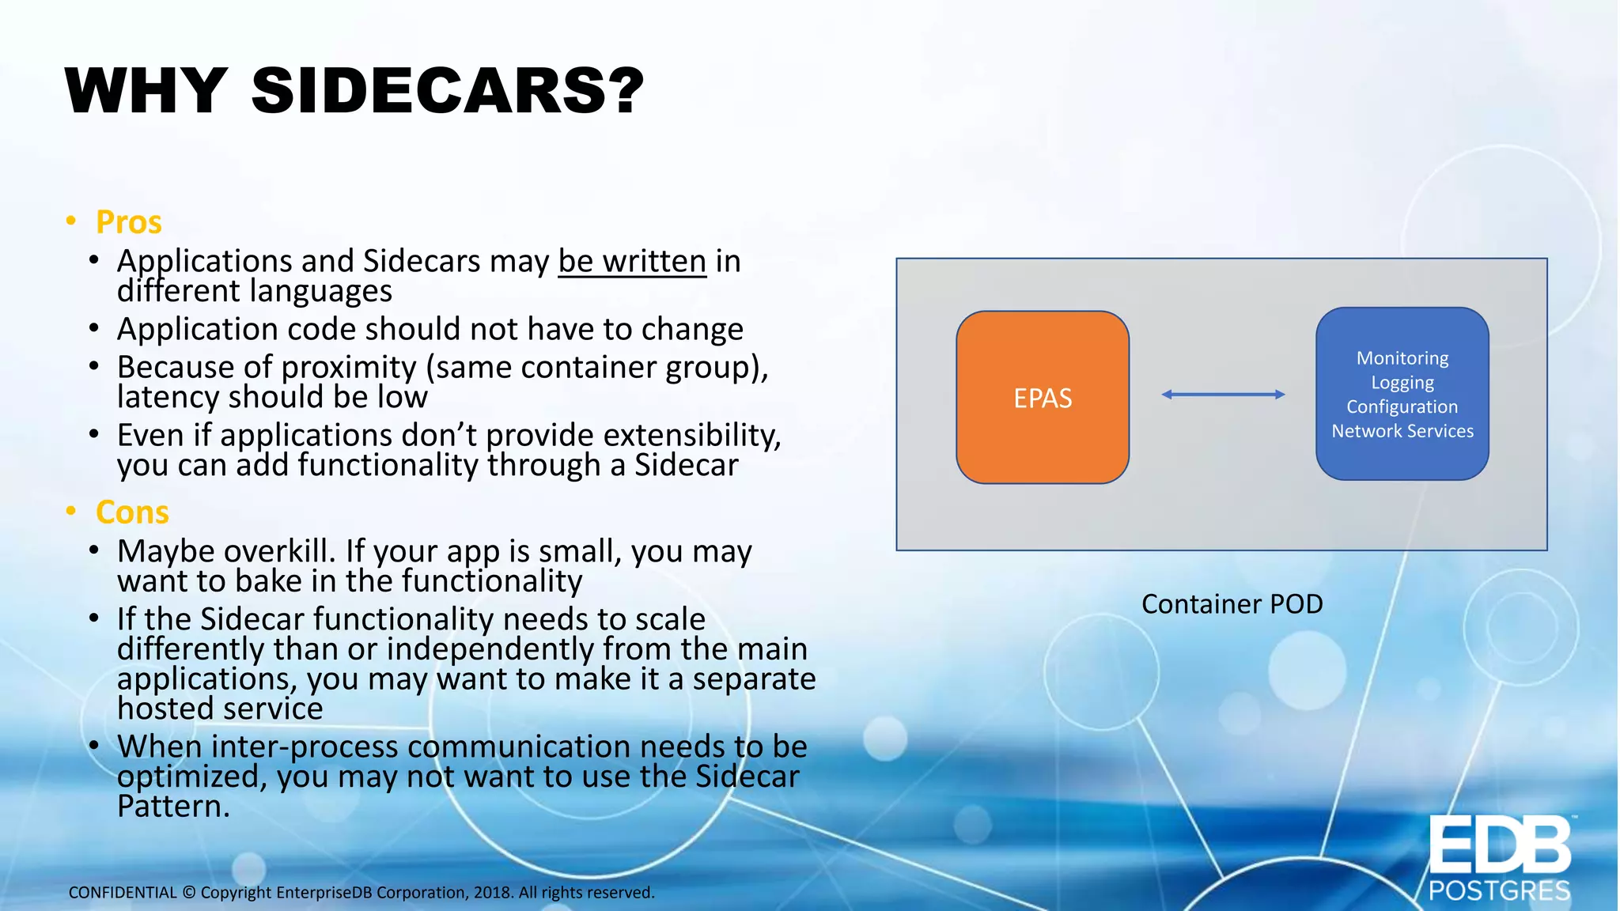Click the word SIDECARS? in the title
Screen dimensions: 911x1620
[x=448, y=91]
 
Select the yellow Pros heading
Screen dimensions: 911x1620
[x=128, y=222]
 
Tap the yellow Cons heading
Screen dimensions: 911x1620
[x=132, y=512]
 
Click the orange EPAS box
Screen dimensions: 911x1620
[x=1043, y=398]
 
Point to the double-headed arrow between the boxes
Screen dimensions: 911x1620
[x=1222, y=394]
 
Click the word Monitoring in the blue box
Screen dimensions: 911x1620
[x=1402, y=358]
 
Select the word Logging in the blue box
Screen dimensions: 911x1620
[x=1402, y=383]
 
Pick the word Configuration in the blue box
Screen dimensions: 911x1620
[x=1402, y=406]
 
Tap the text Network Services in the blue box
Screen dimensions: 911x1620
[x=1402, y=431]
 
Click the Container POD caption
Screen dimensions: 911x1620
[x=1232, y=604]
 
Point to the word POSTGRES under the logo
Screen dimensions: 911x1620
[x=1499, y=891]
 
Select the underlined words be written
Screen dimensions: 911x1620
[x=631, y=261]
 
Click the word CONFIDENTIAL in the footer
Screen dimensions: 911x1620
[x=123, y=893]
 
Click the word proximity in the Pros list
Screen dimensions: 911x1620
[x=348, y=368]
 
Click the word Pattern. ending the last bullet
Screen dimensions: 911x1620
[x=173, y=807]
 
